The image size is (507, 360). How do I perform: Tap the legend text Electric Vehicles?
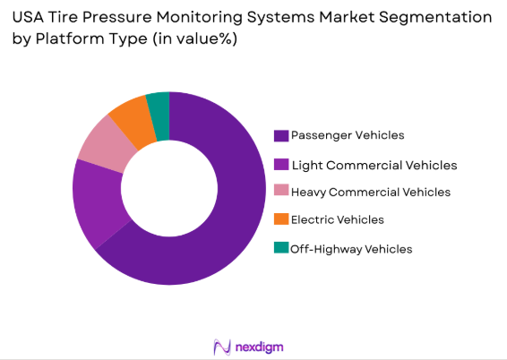[337, 219]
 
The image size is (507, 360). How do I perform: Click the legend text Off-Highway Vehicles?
[351, 249]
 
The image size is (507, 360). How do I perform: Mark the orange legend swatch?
[281, 219]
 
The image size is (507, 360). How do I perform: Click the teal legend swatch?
[281, 249]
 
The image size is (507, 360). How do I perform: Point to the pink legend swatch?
[281, 192]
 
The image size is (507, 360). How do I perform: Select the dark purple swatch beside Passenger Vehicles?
[281, 135]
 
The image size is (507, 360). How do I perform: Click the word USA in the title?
[30, 17]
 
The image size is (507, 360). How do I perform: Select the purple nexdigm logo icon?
[221, 346]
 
